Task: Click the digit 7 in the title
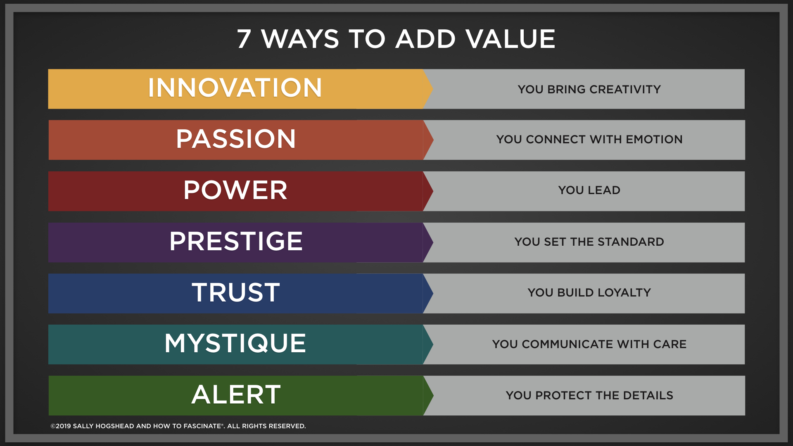244,39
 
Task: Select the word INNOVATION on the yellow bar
235,88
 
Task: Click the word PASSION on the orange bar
236,139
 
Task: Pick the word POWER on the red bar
235,190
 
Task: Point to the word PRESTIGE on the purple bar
236,242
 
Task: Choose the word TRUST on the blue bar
236,293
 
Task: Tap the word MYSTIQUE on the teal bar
235,344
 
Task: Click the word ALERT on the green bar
236,395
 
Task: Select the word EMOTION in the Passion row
654,140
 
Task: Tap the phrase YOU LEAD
589,190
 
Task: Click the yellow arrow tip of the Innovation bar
428,89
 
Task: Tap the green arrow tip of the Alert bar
428,396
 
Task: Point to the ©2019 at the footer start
61,426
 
